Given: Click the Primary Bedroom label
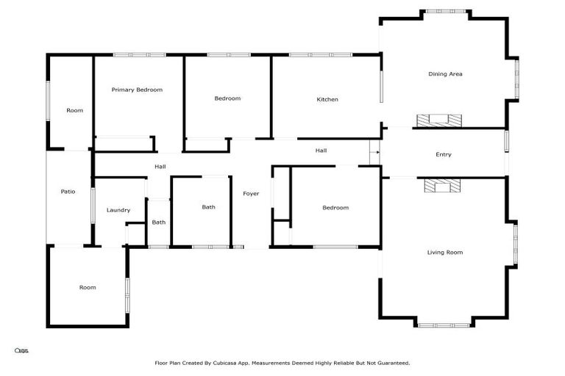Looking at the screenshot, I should (x=137, y=90).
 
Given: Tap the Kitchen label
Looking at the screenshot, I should (x=327, y=100).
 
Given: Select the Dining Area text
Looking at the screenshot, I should (x=445, y=74).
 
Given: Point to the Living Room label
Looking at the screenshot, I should (x=445, y=253).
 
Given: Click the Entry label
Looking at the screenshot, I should (x=444, y=155).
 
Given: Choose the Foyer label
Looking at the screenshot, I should (x=251, y=194).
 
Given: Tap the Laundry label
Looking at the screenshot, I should (x=118, y=211).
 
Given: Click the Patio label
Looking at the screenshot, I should (x=68, y=192).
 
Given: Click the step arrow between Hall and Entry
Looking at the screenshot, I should (x=374, y=153).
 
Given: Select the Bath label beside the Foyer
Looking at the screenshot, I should (x=209, y=207).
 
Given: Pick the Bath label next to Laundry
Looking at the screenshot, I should (x=159, y=223).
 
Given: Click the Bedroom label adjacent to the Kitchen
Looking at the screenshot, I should (x=227, y=98).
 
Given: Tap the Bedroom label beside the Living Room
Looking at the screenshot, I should (x=335, y=208).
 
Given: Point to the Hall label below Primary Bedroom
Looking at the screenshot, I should (x=160, y=167).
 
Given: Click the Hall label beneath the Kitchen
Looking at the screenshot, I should (x=321, y=151).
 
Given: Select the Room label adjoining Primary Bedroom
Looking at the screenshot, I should (x=74, y=111).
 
